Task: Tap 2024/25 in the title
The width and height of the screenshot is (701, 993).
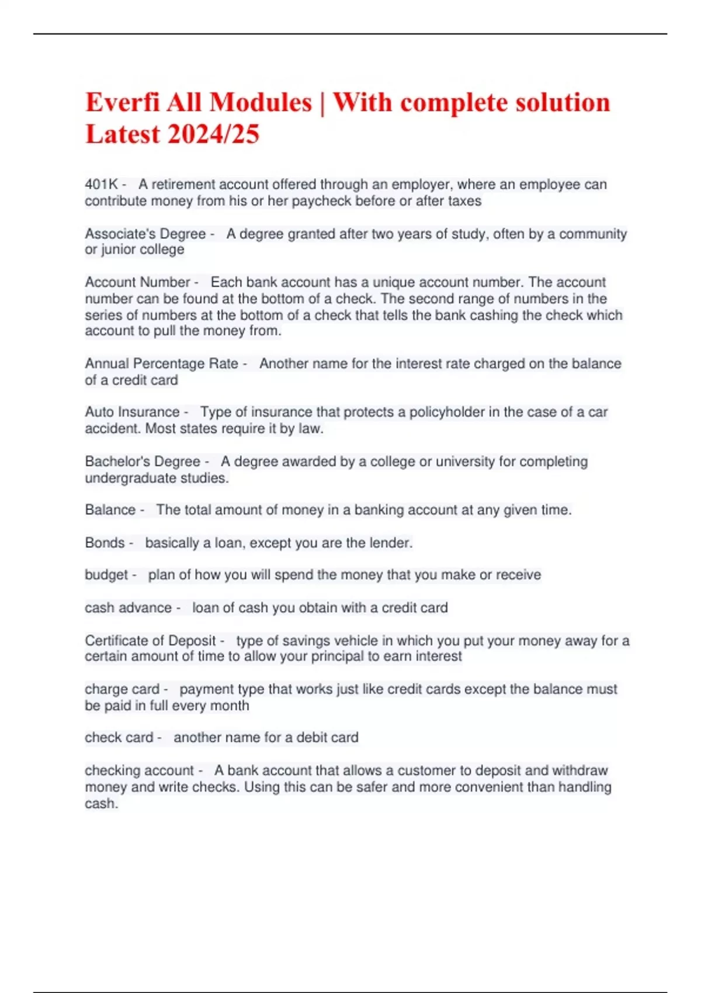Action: tap(213, 134)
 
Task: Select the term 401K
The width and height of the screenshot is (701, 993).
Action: tap(101, 185)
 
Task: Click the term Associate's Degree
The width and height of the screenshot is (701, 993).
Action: tap(145, 234)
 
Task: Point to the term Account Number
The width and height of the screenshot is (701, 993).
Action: tap(137, 282)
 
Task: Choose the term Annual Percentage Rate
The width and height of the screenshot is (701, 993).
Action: tap(161, 363)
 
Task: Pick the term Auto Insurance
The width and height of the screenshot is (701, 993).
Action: tap(132, 412)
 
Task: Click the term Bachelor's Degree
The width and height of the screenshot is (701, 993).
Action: tap(142, 461)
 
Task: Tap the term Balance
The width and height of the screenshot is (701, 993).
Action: tap(110, 510)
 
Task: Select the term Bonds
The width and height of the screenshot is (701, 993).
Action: tap(105, 543)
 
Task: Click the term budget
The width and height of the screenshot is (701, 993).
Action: tap(106, 575)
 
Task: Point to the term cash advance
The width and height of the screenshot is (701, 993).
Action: tap(128, 607)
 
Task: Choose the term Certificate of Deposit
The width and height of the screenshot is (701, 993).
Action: tap(150, 641)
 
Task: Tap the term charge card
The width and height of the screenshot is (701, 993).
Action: tap(122, 689)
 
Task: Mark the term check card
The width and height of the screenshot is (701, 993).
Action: tap(119, 738)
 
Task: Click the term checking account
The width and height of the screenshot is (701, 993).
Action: tap(139, 770)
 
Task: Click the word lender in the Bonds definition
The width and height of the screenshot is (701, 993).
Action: tap(390, 543)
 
